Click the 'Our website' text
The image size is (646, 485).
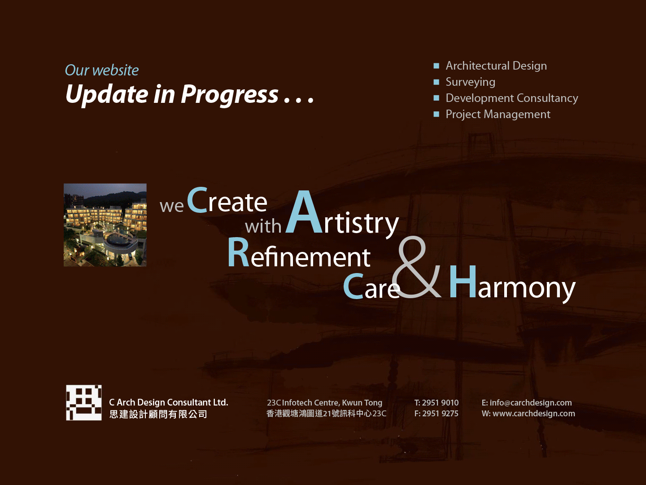point(101,71)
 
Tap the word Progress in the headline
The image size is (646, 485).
point(229,95)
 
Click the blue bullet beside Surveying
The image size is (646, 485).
point(436,82)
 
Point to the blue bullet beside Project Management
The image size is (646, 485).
point(436,114)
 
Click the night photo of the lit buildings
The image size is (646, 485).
point(105,225)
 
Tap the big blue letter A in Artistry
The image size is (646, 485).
point(304,212)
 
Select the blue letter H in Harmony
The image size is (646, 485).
point(463,282)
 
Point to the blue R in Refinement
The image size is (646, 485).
point(238,252)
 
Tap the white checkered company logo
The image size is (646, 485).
point(84,402)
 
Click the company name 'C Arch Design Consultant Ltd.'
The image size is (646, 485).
point(169,402)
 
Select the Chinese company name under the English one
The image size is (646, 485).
point(158,414)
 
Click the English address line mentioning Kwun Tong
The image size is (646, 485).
point(325,403)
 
